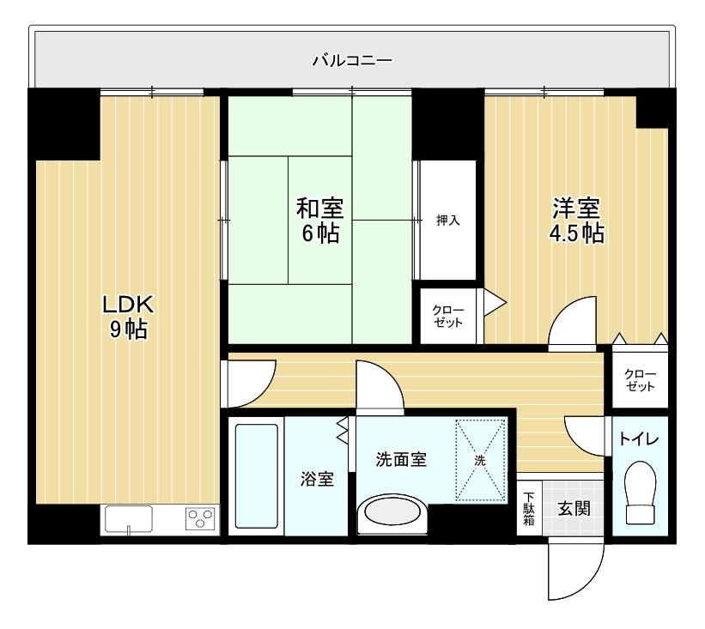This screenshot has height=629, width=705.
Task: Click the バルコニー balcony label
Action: [352, 60]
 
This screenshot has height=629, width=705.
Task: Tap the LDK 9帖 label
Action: [128, 317]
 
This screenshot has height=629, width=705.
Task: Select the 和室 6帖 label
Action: [320, 221]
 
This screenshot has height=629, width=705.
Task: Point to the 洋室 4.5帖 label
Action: [577, 221]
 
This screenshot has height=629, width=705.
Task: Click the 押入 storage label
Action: [448, 221]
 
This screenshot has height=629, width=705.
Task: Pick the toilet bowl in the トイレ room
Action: [641, 493]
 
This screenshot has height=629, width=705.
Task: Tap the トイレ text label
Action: [639, 439]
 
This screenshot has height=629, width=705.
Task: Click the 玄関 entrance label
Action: [574, 509]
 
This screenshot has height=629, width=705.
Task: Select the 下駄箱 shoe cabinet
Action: [529, 509]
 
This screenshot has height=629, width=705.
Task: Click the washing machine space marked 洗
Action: [481, 460]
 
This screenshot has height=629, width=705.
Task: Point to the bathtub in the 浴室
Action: [257, 476]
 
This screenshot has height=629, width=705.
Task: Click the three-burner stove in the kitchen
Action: [201, 518]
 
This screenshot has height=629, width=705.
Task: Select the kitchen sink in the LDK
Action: [129, 519]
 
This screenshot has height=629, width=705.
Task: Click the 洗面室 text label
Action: [401, 460]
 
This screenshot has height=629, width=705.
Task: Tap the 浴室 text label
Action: [318, 479]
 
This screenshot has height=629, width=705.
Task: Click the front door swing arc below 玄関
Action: [590, 584]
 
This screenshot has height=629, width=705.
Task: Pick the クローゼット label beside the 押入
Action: [448, 317]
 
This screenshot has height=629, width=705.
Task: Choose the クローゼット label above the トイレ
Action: [640, 380]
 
